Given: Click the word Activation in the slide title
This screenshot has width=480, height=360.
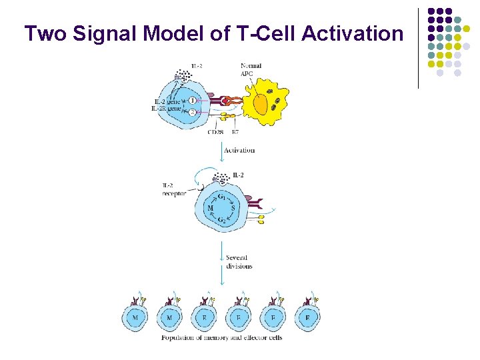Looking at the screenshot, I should pos(352,33).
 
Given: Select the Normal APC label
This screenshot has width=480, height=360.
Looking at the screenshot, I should pos(251,69).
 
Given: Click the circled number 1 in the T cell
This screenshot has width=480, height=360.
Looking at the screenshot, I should pos(193,100).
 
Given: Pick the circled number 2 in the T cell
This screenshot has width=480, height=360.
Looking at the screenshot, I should pos(193,113).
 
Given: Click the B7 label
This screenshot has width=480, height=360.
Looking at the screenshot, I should pos(235,132).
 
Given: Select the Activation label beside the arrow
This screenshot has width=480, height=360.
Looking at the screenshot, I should pos(239,150).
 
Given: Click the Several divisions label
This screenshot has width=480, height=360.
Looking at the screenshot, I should pos(239,261).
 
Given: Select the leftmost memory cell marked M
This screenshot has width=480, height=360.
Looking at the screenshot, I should pos(136,318).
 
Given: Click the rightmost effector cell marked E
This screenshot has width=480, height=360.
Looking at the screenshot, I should pos(307,318).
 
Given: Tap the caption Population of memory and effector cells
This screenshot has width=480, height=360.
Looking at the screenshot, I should pos(221,337).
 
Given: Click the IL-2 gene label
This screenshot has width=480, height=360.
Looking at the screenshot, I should pos(165,101).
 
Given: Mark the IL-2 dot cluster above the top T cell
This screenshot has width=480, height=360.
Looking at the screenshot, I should pos(181,75).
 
